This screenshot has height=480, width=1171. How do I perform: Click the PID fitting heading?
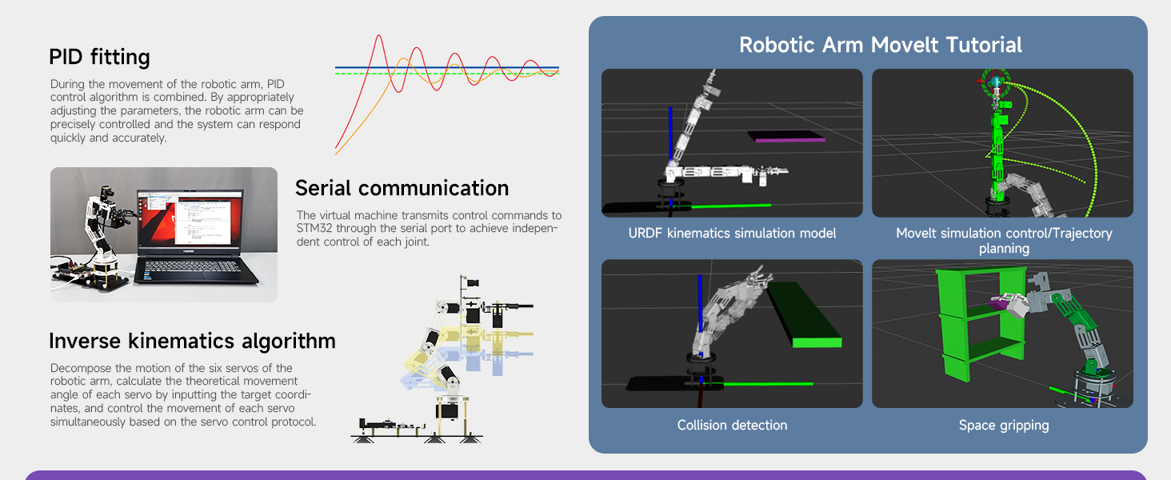[x=99, y=57]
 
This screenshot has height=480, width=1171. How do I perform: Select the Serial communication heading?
[x=402, y=188]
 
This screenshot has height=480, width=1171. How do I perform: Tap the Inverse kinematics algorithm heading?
[x=192, y=341]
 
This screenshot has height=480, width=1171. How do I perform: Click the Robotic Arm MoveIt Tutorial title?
[x=880, y=45]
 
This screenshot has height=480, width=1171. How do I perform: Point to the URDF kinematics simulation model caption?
[x=732, y=234]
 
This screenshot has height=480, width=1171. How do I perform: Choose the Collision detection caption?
[x=732, y=426]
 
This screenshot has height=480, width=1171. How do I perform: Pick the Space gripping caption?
[x=1004, y=426]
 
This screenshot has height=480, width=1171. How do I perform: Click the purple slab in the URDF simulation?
[x=788, y=138]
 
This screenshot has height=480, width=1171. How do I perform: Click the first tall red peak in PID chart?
[x=378, y=38]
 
